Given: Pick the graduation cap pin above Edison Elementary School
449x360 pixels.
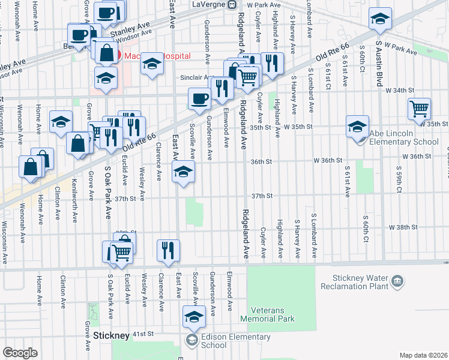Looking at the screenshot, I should (x=194, y=317).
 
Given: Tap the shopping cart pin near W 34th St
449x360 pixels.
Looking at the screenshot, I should (x=419, y=109).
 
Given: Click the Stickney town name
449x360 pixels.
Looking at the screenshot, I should (x=111, y=336).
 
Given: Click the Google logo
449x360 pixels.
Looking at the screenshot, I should (x=19, y=353).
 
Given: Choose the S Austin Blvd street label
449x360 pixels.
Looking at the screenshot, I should (x=379, y=64).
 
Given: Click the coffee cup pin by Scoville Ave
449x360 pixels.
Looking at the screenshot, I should (x=199, y=98).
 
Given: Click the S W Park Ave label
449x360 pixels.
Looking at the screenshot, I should (x=397, y=49).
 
